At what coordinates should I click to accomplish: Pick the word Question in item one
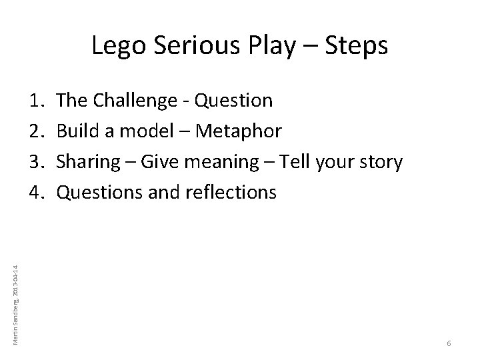233,101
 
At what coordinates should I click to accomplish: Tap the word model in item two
138,131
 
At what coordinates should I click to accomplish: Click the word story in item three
381,163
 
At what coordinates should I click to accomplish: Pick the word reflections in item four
229,193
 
